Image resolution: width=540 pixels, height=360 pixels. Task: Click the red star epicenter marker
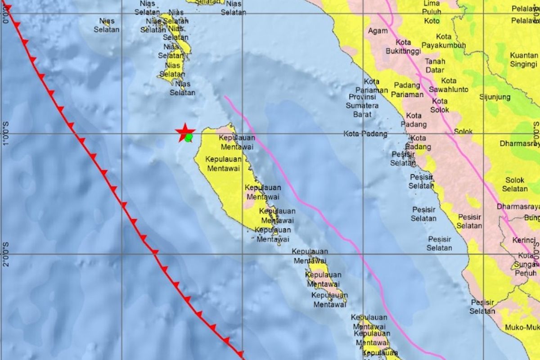point(184,132)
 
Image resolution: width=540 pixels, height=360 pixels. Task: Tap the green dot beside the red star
point(189,137)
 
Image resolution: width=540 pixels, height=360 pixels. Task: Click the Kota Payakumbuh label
point(444,41)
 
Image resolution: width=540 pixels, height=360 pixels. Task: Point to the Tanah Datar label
point(435,66)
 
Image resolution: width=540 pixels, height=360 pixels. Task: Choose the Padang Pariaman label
point(407,90)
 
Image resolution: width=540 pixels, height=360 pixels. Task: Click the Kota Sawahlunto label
point(449,85)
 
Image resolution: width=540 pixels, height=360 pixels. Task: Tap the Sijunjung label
point(495,97)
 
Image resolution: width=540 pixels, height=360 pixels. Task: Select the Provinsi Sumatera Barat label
point(362,105)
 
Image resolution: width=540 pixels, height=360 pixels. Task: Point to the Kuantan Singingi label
point(524,59)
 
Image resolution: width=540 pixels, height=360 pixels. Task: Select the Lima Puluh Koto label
point(432,12)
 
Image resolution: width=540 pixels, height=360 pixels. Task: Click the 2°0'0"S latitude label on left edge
point(6,254)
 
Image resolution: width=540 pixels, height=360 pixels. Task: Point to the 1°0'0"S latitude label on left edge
point(6,133)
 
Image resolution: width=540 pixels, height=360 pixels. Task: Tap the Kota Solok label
point(440,105)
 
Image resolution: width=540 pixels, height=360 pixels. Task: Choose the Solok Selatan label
point(515,184)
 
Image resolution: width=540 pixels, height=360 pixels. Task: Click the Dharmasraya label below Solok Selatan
point(518,207)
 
